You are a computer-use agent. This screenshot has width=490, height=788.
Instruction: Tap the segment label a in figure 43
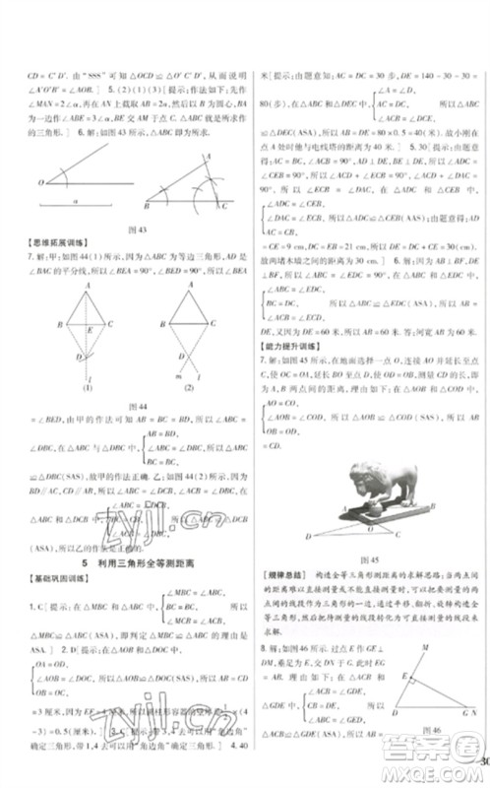tap(74, 200)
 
